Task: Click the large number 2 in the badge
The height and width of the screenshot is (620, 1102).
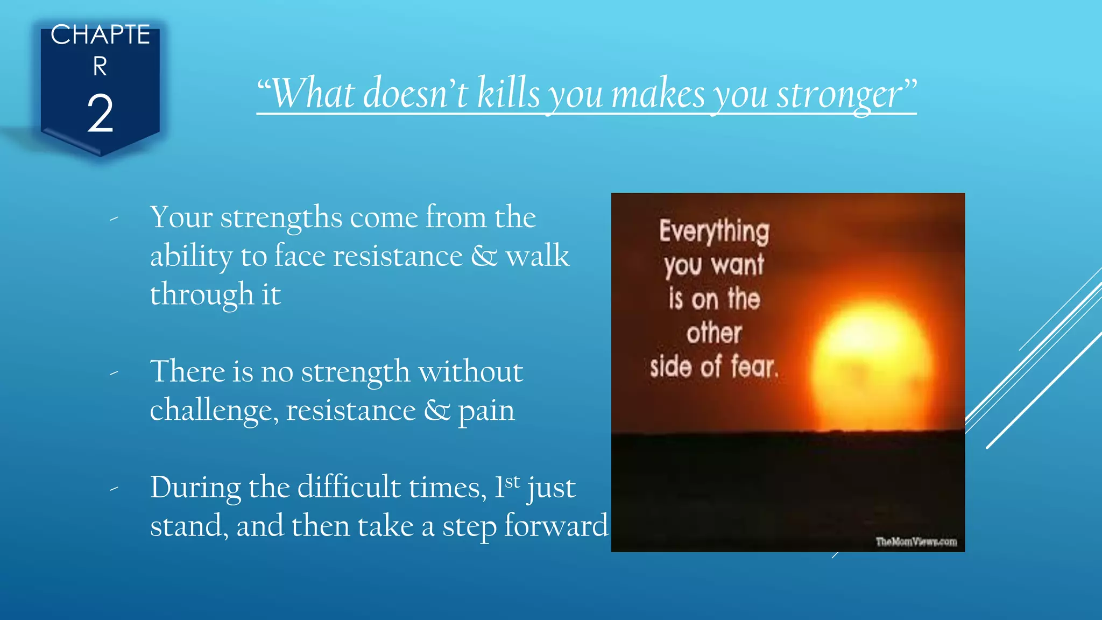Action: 100,113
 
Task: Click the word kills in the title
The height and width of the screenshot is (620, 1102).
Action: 508,94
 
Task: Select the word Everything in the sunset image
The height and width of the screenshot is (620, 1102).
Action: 714,231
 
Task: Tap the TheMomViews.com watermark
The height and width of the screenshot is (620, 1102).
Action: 916,541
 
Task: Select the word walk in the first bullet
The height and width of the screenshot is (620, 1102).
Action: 536,256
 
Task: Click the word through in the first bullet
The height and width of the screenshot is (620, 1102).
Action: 201,295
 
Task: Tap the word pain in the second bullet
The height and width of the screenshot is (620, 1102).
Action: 486,411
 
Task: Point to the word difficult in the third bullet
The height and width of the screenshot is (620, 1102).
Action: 349,488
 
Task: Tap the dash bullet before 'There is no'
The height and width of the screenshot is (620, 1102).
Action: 114,372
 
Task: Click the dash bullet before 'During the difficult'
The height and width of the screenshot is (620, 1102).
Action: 114,489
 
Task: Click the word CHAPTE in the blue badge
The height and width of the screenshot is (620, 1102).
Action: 100,35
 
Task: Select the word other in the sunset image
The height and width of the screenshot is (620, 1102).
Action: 714,333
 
